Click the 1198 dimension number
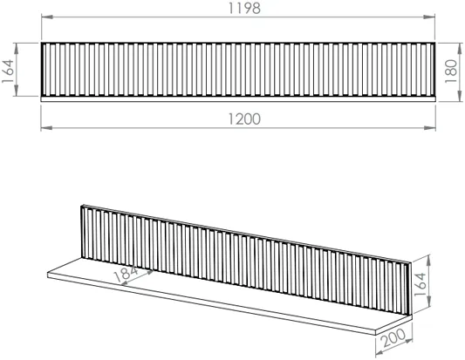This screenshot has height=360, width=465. coord(244,9)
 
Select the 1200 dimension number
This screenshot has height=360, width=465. coord(244,119)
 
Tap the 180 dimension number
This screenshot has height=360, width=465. coord(451,71)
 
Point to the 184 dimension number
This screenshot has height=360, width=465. coord(126,275)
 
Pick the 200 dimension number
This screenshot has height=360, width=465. coord(394,338)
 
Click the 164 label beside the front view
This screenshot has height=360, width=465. coord(8,71)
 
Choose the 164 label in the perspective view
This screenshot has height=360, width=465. coord(421,284)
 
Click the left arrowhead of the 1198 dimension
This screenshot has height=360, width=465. coord(47,17)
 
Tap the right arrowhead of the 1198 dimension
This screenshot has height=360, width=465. coord(429,17)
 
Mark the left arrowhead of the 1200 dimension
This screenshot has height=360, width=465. coord(46,128)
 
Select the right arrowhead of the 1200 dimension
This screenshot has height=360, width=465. coord(430,128)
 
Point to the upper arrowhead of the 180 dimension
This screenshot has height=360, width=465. coord(460,49)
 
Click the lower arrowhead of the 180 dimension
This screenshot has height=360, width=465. coord(460,96)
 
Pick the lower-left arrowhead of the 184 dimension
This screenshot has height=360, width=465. coord(126,283)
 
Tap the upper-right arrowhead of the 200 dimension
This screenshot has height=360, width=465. coord(407,342)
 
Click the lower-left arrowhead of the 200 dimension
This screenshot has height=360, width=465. coord(380,353)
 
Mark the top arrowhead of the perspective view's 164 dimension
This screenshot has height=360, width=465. coord(428,261)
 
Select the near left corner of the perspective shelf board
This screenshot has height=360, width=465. coord(48,273)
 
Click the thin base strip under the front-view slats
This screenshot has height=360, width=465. coord(238,99)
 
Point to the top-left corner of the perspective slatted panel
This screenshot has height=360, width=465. coord(81,206)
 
